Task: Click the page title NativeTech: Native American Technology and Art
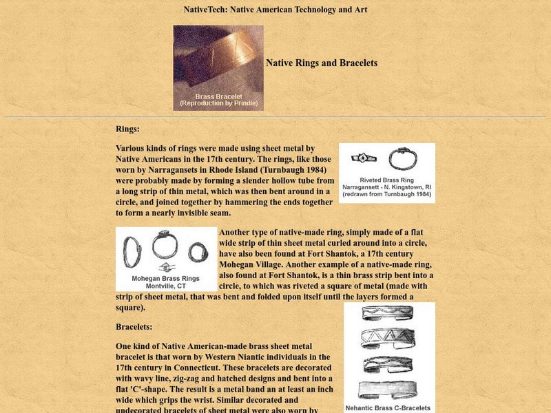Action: pos(275,10)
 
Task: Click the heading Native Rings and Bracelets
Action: pos(322,63)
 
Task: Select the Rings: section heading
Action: pos(127,129)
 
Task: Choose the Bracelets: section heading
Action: pos(134,327)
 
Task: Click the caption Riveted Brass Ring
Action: pos(387,179)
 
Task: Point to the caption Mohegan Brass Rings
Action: pos(166,279)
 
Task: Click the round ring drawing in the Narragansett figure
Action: pos(402,159)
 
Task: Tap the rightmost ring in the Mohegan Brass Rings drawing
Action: pos(198,252)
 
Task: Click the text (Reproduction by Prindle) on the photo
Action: pos(218,103)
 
